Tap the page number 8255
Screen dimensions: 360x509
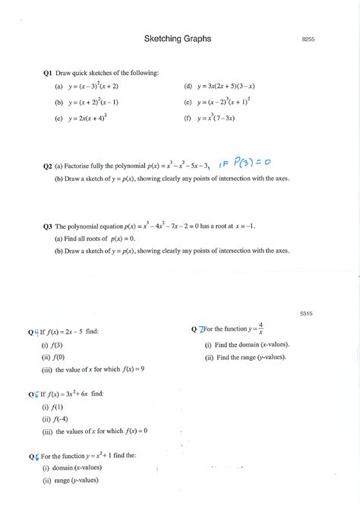(x=308, y=38)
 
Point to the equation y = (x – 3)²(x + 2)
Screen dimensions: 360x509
(x=93, y=87)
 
